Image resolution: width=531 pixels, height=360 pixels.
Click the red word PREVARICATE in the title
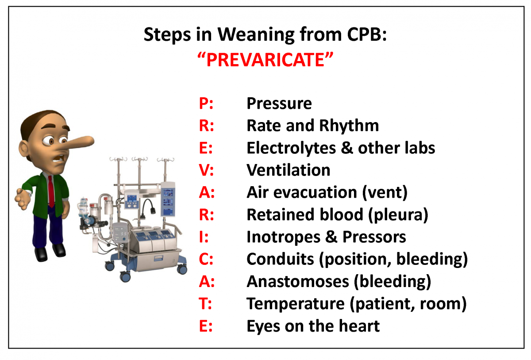(265, 60)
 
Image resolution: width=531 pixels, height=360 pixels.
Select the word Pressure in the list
(279, 103)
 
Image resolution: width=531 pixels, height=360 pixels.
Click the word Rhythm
(349, 125)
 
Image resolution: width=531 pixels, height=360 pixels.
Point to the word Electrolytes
(291, 148)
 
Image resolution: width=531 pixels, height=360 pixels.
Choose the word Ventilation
(289, 170)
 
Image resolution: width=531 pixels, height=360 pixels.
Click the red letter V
(204, 170)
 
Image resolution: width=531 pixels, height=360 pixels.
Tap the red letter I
(201, 237)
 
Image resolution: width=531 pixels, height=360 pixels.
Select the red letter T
(204, 303)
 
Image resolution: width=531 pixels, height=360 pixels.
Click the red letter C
(204, 259)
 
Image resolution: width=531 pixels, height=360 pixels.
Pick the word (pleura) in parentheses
(398, 215)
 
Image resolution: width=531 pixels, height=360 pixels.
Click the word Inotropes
(284, 237)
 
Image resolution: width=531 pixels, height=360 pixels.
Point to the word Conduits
(281, 259)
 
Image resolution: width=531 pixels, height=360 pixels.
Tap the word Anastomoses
(298, 281)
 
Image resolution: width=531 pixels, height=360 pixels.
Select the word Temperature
(296, 304)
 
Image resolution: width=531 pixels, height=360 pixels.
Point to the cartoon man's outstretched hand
(23, 199)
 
